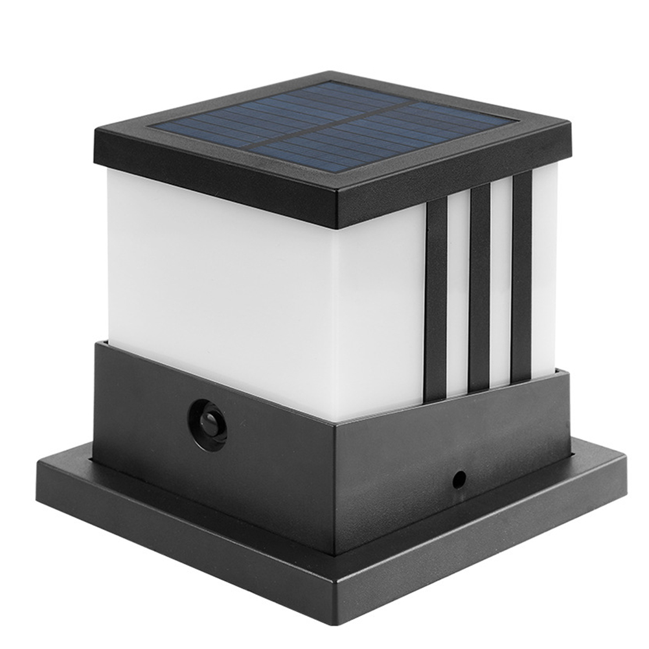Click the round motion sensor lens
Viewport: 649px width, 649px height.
[x=208, y=425]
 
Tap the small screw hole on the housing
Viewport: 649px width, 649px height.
[x=459, y=479]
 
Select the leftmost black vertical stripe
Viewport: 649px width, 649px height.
[x=436, y=298]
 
